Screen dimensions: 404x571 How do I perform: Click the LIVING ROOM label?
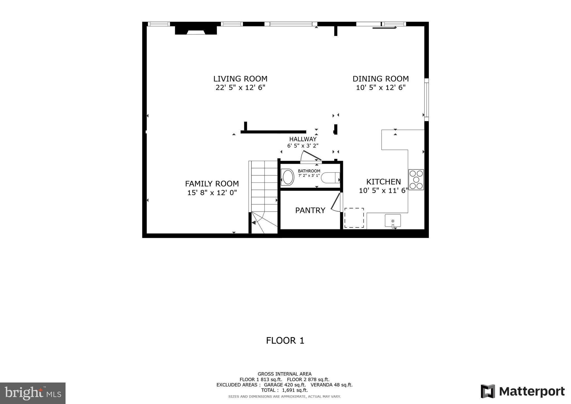(x=240, y=79)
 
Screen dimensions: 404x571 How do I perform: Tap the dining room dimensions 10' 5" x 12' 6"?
(x=381, y=88)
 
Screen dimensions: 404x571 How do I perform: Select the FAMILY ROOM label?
(x=212, y=184)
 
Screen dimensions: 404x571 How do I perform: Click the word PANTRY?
(x=310, y=210)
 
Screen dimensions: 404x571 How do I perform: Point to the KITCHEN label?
(x=383, y=182)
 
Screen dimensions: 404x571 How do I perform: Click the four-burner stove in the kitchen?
(x=416, y=180)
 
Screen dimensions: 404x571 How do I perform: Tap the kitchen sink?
(x=393, y=221)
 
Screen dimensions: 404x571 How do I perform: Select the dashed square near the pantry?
(x=354, y=218)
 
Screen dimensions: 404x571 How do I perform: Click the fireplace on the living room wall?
(x=196, y=30)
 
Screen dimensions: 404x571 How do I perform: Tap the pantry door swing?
(x=336, y=202)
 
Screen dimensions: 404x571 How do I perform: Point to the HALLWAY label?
(x=303, y=139)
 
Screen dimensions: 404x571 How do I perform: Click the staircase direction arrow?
(x=254, y=222)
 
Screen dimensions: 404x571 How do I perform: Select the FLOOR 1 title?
(x=285, y=341)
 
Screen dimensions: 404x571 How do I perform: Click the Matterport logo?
(x=522, y=391)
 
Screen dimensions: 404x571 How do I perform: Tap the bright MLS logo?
(x=33, y=393)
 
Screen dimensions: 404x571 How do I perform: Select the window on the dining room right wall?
(x=426, y=100)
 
